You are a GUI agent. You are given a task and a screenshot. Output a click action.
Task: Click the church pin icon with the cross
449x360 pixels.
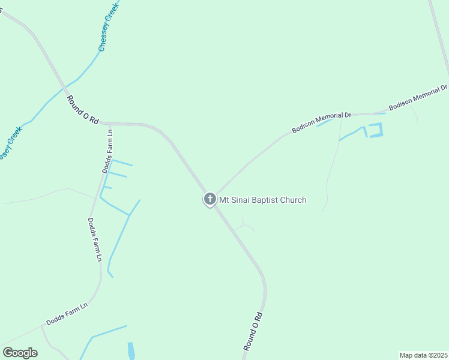click(x=209, y=199)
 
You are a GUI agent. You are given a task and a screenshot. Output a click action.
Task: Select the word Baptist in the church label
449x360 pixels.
click(x=268, y=200)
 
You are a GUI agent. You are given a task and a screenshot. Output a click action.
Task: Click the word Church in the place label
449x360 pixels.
click(x=295, y=200)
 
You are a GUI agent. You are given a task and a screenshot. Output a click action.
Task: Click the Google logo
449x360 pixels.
click(x=20, y=352)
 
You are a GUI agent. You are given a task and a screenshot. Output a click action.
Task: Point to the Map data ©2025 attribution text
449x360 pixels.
click(x=423, y=355)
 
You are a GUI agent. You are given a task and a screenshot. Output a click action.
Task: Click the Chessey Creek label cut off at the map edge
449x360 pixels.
click(x=10, y=143)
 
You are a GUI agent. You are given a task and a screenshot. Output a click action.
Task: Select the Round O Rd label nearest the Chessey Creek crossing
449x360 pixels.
click(x=82, y=110)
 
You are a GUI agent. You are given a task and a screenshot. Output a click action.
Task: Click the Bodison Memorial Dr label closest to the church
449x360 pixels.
click(x=321, y=122)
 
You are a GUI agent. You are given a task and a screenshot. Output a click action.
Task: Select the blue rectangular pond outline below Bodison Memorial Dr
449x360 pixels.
click(x=375, y=130)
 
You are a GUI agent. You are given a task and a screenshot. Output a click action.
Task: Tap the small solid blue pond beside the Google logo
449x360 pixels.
click(x=131, y=350)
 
